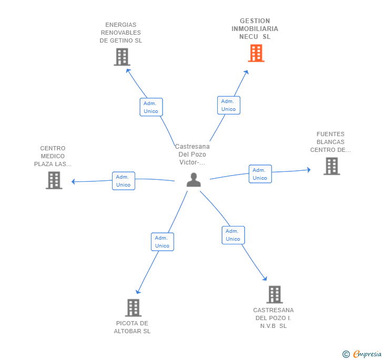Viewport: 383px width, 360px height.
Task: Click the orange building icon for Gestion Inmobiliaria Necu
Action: (256, 53)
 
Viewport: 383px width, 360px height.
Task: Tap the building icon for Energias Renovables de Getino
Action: (122, 57)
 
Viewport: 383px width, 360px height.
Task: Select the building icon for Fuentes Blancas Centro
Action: (331, 166)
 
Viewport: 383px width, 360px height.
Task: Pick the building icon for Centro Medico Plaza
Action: (54, 180)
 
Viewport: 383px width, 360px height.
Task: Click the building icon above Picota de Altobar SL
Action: (133, 307)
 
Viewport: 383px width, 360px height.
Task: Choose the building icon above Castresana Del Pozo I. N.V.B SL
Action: (274, 295)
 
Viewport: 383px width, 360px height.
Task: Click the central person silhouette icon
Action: (194, 180)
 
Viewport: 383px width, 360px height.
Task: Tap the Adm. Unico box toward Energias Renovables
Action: (151, 107)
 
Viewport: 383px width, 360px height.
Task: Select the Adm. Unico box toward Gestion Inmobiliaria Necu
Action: (228, 105)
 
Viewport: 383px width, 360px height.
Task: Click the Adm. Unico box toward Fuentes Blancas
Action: (260, 174)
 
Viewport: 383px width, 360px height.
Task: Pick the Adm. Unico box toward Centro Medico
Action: (123, 181)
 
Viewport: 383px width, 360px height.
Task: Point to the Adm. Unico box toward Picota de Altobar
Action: (162, 242)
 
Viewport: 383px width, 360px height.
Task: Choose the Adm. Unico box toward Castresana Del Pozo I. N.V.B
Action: (233, 235)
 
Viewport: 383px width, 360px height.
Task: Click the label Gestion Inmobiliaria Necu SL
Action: (255, 29)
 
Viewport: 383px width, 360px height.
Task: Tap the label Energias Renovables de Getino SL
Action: (121, 33)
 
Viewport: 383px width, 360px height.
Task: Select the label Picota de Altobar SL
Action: (132, 327)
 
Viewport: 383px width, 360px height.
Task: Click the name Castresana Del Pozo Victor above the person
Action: (192, 155)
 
